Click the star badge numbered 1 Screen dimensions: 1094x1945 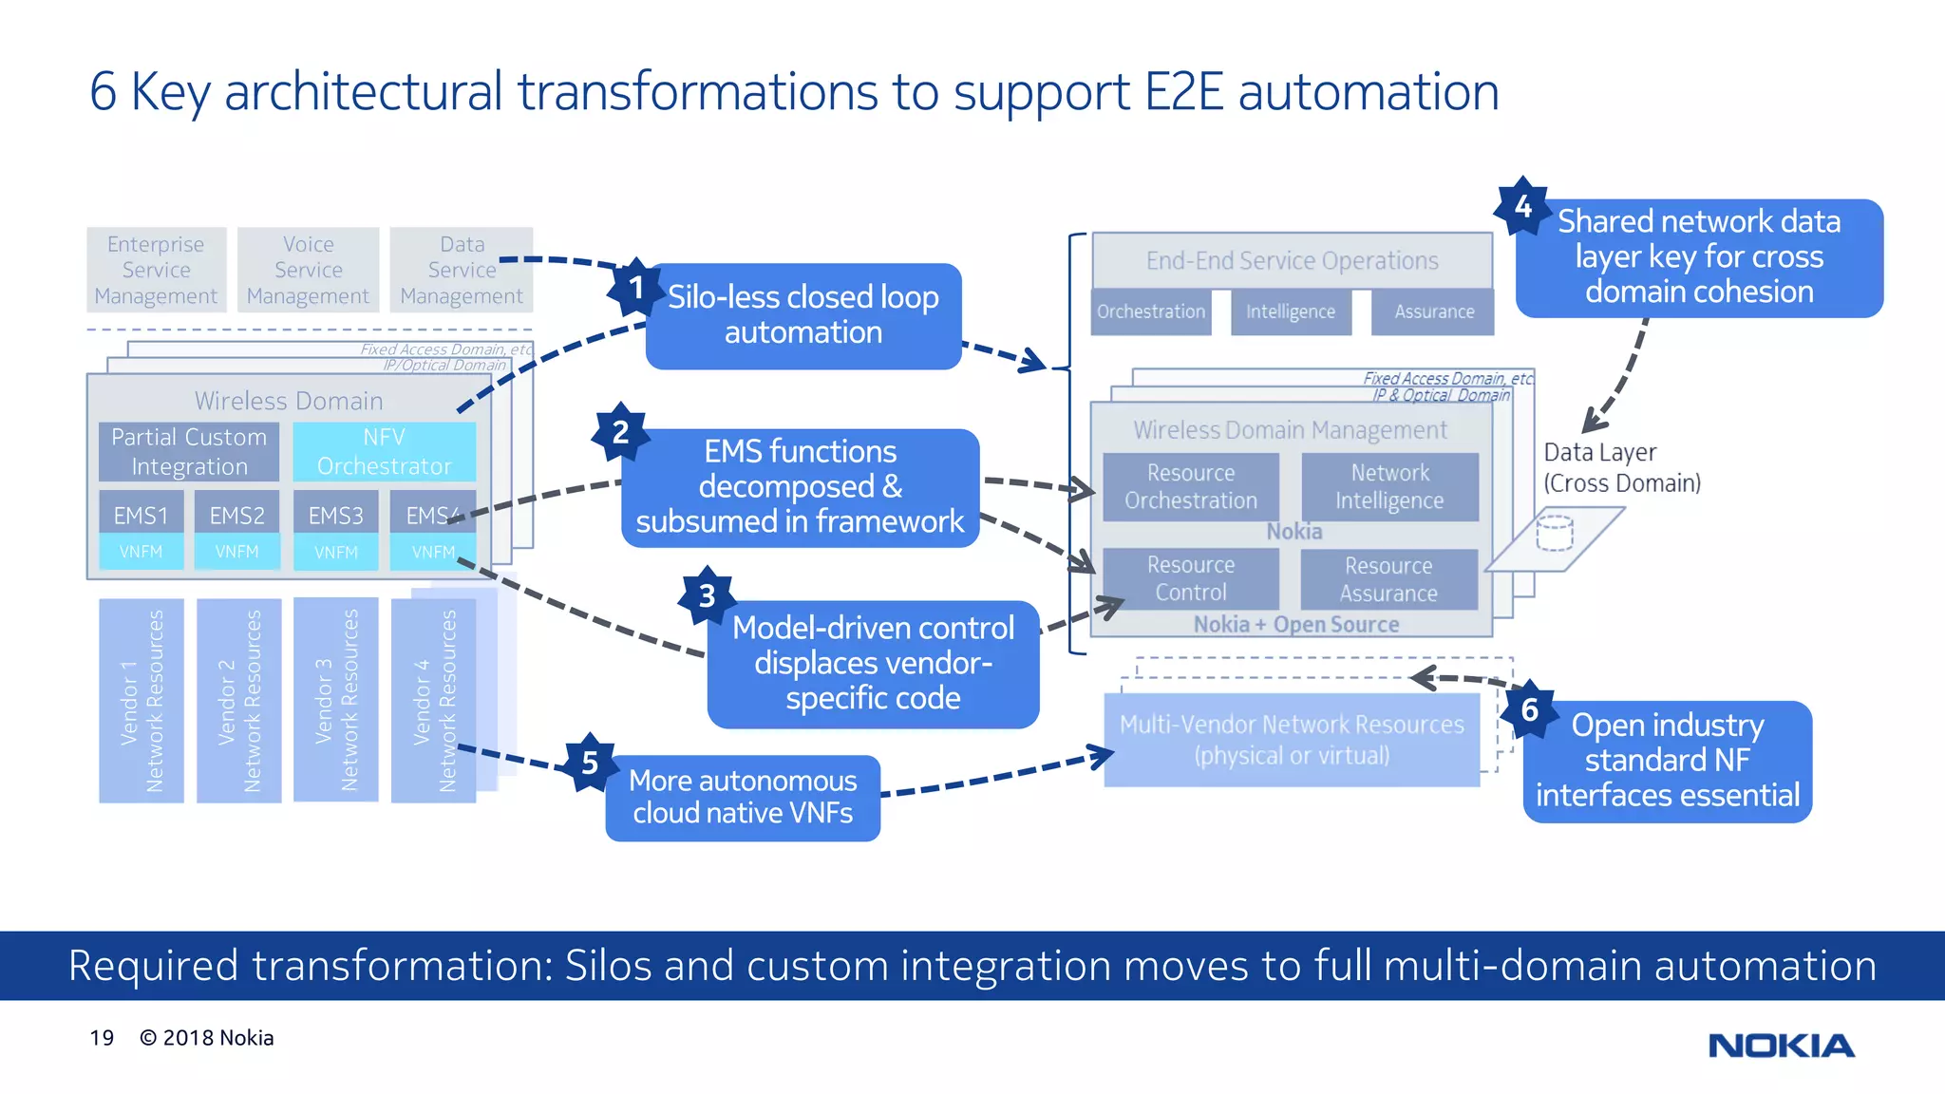coord(635,288)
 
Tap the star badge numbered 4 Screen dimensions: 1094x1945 coord(1522,206)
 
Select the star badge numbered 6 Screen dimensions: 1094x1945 coord(1529,709)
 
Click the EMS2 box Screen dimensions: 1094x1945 coord(237,516)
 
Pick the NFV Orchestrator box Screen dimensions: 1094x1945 coord(384,451)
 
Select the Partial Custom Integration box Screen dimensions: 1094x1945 coord(189,451)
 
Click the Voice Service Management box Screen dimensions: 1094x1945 coord(308,270)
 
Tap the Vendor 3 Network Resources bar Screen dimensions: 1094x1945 coord(336,700)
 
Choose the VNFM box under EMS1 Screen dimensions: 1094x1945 coord(141,552)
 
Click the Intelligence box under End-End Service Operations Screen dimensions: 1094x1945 coord(1290,311)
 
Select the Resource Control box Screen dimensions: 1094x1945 coord(1191,578)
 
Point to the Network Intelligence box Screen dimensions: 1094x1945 coord(1389,486)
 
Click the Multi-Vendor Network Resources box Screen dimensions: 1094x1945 coord(1292,740)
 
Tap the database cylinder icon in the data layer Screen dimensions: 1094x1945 coord(1555,532)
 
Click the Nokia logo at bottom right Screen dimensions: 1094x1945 coord(1781,1046)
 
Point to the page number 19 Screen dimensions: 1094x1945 coord(102,1038)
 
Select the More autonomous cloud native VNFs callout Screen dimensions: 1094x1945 coord(743,797)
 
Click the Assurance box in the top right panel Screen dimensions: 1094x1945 coord(1433,311)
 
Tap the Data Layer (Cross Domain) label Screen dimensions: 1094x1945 coord(1621,467)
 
